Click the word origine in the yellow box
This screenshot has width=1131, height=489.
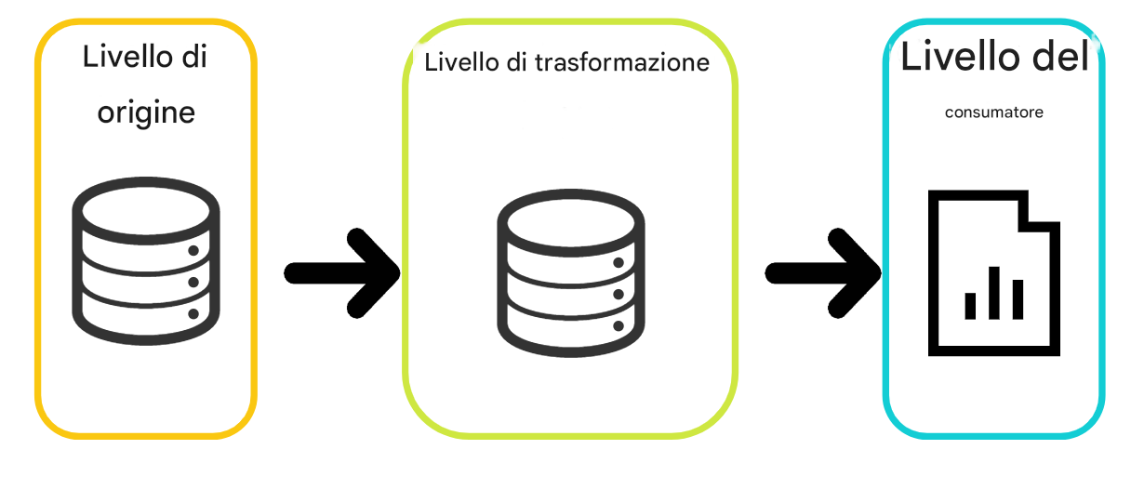(x=147, y=113)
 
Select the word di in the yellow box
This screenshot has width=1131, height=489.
(x=193, y=57)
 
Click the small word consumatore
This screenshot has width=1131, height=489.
(x=993, y=112)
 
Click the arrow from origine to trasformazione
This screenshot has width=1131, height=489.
(x=341, y=272)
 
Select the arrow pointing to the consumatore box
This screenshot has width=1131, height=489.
(x=822, y=272)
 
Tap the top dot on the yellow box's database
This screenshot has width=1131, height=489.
(x=193, y=251)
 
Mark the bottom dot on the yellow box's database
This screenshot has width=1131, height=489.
(x=193, y=314)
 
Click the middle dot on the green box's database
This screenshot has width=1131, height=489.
(x=618, y=295)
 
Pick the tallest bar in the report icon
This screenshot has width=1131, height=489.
(x=994, y=293)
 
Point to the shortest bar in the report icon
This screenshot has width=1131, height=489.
(x=971, y=305)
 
